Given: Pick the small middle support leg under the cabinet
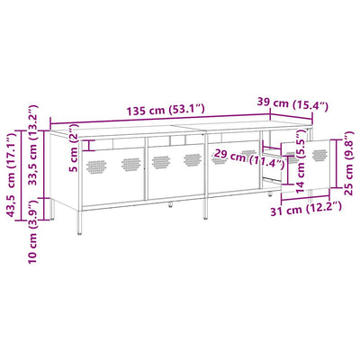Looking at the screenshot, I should pos(171,206).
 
